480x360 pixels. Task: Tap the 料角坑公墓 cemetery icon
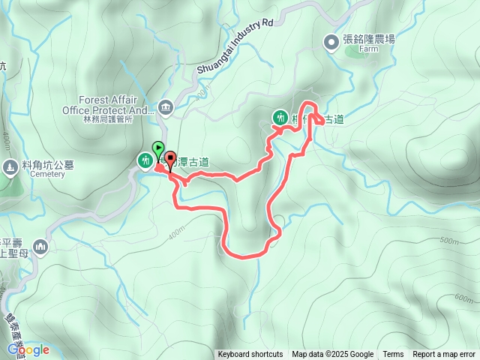click(x=10, y=166)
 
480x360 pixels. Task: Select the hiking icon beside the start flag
click(x=144, y=160)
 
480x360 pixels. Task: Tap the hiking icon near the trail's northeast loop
click(x=280, y=117)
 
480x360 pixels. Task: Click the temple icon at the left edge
click(x=40, y=247)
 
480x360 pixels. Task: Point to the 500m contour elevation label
click(x=448, y=241)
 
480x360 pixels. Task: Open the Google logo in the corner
click(x=28, y=349)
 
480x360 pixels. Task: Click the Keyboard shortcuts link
click(x=250, y=355)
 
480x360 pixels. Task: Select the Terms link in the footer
click(x=393, y=355)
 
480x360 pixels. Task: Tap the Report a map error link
click(x=444, y=355)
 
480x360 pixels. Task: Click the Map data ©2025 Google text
click(x=333, y=355)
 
